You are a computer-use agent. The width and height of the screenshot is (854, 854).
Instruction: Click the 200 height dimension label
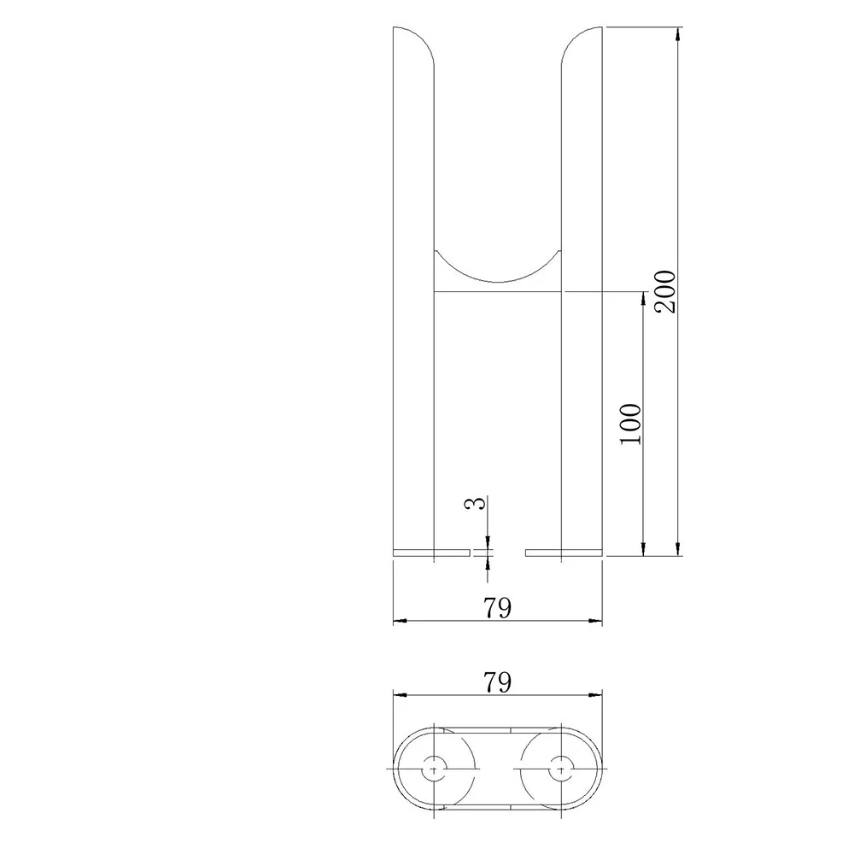(x=665, y=291)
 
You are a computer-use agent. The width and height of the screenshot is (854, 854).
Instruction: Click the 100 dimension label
(x=631, y=424)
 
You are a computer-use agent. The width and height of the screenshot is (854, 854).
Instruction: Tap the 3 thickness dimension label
(x=475, y=503)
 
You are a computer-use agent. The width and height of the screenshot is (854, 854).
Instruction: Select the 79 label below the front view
(x=497, y=608)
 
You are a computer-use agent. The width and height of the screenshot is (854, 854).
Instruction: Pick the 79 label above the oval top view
(x=497, y=682)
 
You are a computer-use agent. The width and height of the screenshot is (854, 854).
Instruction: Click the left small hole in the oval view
(x=434, y=769)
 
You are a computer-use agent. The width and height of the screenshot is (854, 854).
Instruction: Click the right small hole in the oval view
(x=561, y=769)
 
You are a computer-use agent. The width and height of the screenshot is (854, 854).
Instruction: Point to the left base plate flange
(x=431, y=553)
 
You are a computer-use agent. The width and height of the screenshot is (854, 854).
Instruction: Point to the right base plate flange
(x=564, y=553)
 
